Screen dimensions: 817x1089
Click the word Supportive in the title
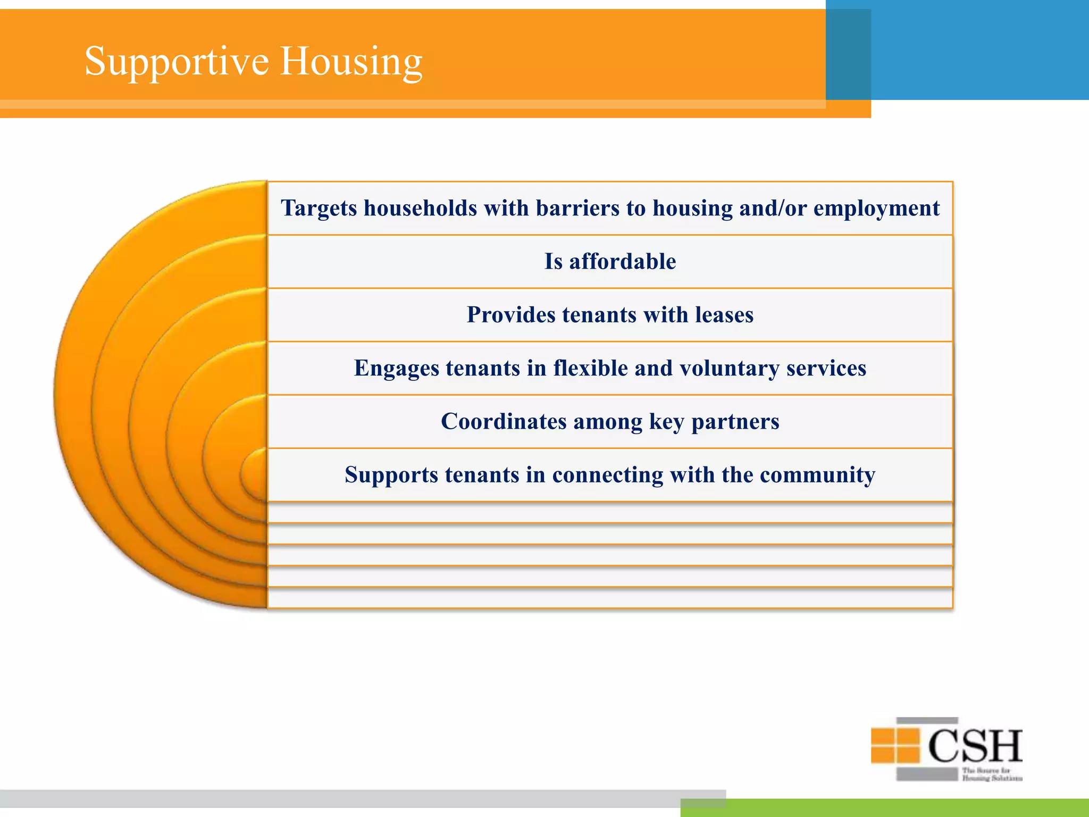pyautogui.click(x=177, y=62)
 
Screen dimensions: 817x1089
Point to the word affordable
pyautogui.click(x=623, y=262)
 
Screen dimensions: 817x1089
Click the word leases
pyautogui.click(x=725, y=315)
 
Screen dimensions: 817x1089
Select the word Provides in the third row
pyautogui.click(x=511, y=315)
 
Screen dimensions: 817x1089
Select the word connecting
pyautogui.click(x=607, y=474)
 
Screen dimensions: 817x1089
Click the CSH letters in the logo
pyautogui.click(x=975, y=746)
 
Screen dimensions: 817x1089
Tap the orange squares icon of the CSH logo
pyautogui.click(x=895, y=745)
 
